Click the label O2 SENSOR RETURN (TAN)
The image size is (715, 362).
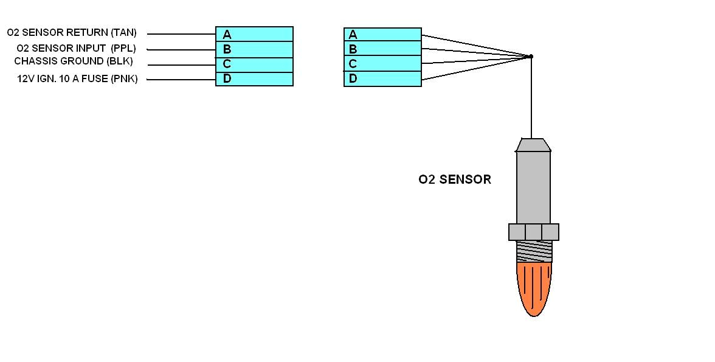(x=72, y=33)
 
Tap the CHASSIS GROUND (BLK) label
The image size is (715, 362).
(x=73, y=61)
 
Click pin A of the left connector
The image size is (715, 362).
(x=254, y=34)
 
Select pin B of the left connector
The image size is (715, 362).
(x=254, y=49)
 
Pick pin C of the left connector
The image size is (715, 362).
(x=254, y=64)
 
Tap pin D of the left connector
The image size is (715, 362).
(x=254, y=78)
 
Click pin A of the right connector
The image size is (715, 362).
(x=382, y=35)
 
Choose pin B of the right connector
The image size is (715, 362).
(x=382, y=49)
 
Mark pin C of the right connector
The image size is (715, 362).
(x=382, y=63)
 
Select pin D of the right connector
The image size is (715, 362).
(x=382, y=78)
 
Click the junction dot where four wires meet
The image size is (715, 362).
(x=531, y=57)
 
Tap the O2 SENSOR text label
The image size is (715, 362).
(x=454, y=179)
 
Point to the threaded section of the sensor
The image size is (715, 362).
(x=534, y=251)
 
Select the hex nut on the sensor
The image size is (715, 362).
(x=533, y=232)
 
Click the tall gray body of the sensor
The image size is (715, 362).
(x=533, y=186)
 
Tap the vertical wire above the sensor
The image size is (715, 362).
(x=531, y=97)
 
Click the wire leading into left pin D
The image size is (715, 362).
(x=181, y=79)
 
